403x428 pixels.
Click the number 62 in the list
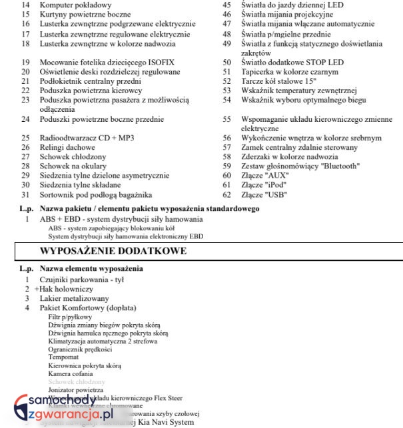tap(226, 195)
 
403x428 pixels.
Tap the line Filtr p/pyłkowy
tap(70, 318)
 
